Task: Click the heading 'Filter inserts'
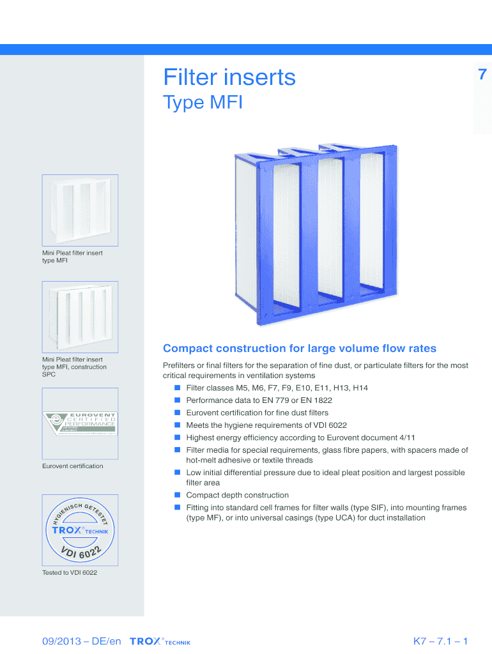coord(229,77)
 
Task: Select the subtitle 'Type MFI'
coord(203,102)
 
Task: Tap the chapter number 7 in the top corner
coord(482,75)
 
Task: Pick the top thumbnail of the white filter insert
coord(80,209)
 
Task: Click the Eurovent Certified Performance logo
coord(80,422)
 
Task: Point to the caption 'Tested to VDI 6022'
coord(70,572)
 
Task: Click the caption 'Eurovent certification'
coord(72,466)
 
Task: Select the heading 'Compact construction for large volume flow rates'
coord(300,349)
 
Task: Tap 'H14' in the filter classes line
coord(360,388)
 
